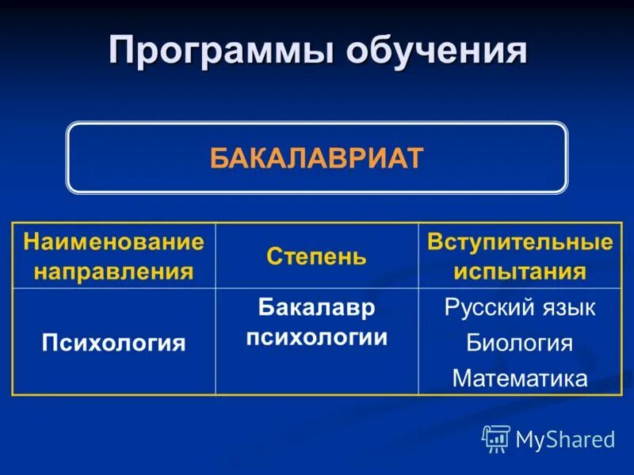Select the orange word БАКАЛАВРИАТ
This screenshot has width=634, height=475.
point(317,158)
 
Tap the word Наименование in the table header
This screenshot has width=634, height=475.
point(113,241)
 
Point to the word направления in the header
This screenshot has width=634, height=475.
point(113,272)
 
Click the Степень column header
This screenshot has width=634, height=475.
point(316,256)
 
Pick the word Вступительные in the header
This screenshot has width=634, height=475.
point(520,241)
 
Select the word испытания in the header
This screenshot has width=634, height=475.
point(520,272)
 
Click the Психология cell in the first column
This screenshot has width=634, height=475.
point(113,343)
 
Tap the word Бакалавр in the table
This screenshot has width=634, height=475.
point(316,307)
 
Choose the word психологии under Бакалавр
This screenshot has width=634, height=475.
point(316,337)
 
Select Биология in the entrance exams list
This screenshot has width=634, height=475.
point(520,343)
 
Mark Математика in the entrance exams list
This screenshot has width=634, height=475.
point(520,378)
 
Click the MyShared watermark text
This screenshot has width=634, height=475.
point(565,439)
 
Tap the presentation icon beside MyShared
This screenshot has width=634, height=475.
point(496,438)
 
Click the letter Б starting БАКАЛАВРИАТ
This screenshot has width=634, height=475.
point(218,158)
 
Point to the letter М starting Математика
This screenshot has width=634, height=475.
point(461,378)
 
